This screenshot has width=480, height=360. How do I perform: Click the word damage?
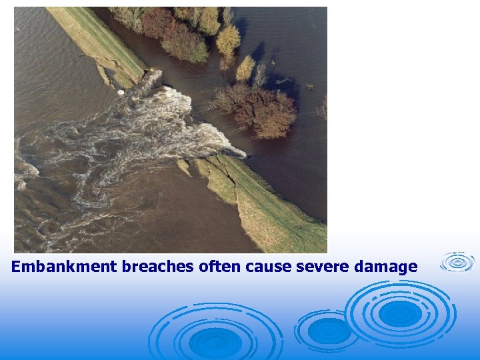386,267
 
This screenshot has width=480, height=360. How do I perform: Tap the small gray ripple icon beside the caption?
458,262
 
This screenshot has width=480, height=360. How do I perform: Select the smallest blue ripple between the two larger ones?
329,330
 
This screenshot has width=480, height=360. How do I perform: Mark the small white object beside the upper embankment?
121,91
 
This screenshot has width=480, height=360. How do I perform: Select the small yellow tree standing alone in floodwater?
245,68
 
